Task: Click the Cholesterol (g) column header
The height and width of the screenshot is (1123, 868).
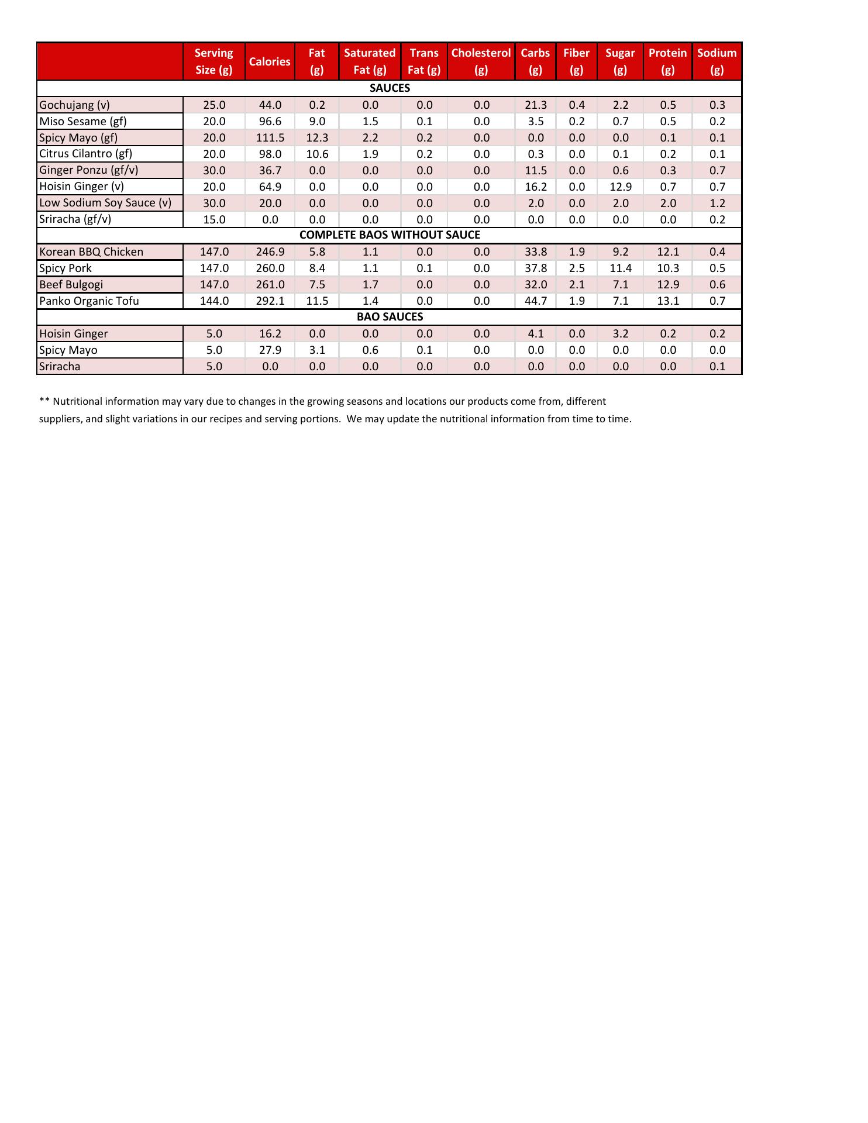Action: pos(481,61)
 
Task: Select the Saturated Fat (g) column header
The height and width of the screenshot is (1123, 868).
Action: pos(370,61)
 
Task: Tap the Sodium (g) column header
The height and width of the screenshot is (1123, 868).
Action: pos(717,61)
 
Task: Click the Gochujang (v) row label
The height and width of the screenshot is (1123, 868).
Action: pos(74,105)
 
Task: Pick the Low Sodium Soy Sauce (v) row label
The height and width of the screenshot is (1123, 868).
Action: pos(105,203)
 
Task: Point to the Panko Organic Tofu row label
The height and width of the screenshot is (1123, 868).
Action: pos(89,301)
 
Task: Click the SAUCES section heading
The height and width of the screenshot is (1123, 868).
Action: pos(390,88)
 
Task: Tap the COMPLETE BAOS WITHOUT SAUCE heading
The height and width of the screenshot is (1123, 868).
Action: pos(390,235)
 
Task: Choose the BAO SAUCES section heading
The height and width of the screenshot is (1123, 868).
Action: pos(390,317)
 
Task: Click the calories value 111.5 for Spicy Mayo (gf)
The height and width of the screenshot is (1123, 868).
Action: pos(270,138)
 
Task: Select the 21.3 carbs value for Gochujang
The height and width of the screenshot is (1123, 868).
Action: pos(536,105)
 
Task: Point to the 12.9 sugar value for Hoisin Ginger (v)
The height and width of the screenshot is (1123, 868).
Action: pos(620,187)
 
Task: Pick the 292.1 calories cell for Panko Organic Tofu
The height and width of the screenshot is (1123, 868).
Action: pos(270,301)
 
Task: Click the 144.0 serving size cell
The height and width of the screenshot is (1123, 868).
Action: pos(214,301)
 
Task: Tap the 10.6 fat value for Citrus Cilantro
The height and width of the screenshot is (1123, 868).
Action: pos(317,154)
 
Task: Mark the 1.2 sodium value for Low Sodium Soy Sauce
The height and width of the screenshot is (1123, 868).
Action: pos(717,204)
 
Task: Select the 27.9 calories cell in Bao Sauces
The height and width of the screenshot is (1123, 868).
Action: pos(270,350)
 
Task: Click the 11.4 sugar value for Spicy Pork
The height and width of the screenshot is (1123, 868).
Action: pos(620,268)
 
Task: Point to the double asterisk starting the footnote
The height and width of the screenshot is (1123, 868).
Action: pos(44,401)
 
